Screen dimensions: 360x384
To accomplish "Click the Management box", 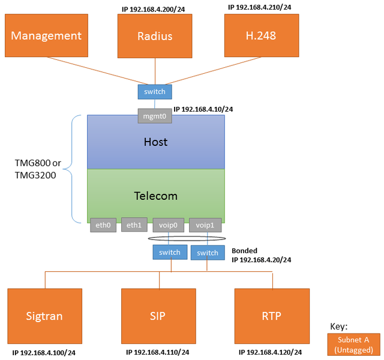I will tap(46, 36).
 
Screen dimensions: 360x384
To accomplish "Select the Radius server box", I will tap(155, 36).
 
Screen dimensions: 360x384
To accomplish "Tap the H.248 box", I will tap(261, 36).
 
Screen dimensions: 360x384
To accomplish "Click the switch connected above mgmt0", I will tap(155, 92).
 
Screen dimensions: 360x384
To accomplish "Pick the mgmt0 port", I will tap(155, 116).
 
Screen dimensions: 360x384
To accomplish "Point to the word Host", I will tap(156, 142).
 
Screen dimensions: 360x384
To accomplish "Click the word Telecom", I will tap(156, 196).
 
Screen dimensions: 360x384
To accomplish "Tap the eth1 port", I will tap(134, 225).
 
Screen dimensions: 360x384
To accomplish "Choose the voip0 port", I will tap(169, 226).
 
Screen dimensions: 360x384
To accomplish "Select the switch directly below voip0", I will tap(170, 252).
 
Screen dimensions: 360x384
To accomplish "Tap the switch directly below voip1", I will tap(208, 253).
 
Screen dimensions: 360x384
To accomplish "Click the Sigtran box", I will tap(44, 316).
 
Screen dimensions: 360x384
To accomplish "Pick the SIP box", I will tap(158, 316).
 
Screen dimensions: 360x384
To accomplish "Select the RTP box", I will tap(272, 316).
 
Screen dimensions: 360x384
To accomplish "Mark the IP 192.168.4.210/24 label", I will tap(259, 7).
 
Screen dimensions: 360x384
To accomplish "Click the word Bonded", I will tap(244, 251).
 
